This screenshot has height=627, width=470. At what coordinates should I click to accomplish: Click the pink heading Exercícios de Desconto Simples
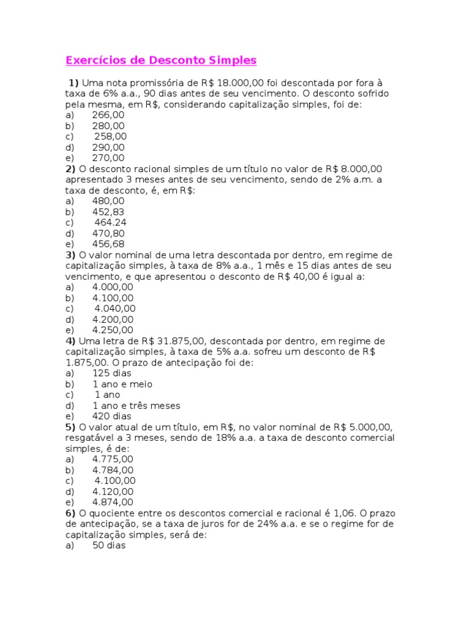point(161,61)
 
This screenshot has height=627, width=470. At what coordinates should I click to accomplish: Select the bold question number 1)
point(73,83)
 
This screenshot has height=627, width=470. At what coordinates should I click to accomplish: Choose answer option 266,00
point(108,115)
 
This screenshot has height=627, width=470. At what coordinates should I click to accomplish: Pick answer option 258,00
point(111,137)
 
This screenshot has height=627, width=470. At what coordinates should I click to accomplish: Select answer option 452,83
point(108,212)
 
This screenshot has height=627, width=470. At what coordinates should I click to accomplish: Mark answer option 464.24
point(111,223)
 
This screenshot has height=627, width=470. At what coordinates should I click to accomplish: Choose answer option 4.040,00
point(115,309)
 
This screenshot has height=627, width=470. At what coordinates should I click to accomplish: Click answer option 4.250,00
point(113,330)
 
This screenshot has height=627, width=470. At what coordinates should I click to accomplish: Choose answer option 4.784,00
point(113,470)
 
